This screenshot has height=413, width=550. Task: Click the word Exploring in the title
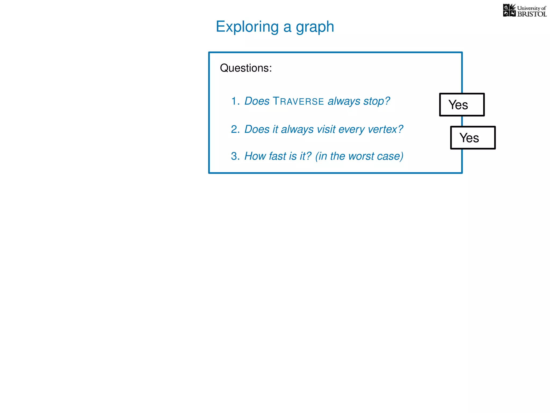[247, 27]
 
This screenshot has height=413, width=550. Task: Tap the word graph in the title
[315, 27]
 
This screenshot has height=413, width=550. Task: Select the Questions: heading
[246, 68]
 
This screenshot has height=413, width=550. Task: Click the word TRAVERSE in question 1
[298, 101]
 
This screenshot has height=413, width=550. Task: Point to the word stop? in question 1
[377, 101]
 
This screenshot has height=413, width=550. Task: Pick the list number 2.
[235, 129]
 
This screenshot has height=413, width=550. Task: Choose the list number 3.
[235, 156]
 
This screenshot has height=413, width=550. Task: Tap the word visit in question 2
[326, 129]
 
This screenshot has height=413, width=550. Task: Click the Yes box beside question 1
[462, 105]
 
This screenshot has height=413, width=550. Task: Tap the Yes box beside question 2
[473, 138]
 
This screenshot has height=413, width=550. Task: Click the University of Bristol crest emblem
[509, 10]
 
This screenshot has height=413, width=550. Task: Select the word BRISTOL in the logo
[532, 14]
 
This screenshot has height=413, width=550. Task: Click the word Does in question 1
[257, 101]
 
